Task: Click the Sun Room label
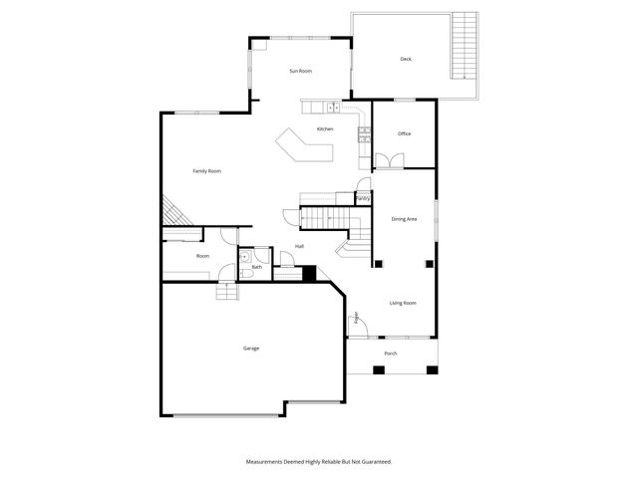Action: point(301,72)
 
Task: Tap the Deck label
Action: point(406,60)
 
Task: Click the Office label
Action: point(404,133)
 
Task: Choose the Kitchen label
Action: point(325,129)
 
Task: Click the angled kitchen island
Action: point(303,146)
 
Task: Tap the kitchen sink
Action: point(334,107)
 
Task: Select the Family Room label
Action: point(206,171)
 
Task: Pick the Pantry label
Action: point(363,198)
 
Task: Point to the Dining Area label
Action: point(404,219)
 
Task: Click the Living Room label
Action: point(403,303)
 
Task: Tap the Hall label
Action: point(299,246)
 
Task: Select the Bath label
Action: point(256,267)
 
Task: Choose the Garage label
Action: point(251,348)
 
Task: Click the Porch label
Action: point(391,354)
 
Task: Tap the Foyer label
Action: point(356,319)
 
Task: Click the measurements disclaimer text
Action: point(319,461)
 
